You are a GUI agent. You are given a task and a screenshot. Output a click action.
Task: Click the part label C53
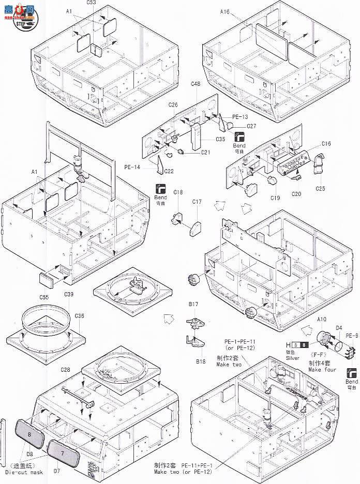(x=91, y=3)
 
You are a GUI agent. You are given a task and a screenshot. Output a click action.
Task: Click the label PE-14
(x=132, y=167)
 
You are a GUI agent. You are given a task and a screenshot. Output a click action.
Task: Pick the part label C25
(x=320, y=188)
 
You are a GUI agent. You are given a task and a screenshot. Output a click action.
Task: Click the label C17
(x=197, y=202)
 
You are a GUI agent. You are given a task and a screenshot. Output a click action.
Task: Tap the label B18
(x=201, y=361)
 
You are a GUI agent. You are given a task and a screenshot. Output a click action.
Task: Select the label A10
(x=322, y=320)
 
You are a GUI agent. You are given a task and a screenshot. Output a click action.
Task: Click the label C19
(x=274, y=198)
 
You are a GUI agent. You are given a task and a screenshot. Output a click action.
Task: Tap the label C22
(x=169, y=171)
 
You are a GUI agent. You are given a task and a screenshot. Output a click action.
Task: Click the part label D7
(x=57, y=471)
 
